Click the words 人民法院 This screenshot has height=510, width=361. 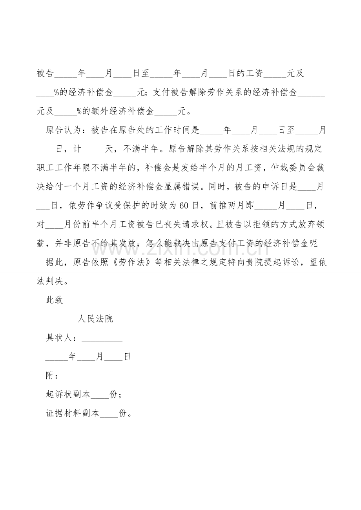coord(95,319)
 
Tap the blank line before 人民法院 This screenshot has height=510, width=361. coord(61,320)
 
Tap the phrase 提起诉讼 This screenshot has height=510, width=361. coord(278,262)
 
